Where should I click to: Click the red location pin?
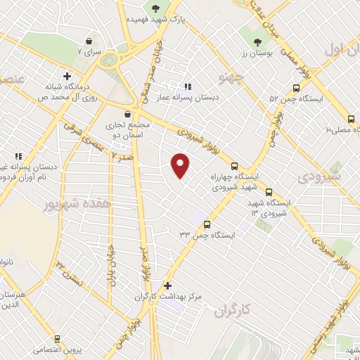coord(181,165)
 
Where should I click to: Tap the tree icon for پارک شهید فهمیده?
coord(155,8)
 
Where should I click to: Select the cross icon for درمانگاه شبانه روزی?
coord(67,76)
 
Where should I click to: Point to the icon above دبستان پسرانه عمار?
coord(188,86)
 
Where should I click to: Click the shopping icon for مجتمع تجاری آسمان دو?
coord(126,114)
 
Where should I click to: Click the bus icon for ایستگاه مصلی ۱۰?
coord(350,118)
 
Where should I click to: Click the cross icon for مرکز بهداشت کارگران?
coord(167,285)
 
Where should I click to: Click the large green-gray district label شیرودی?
coord(321,174)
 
